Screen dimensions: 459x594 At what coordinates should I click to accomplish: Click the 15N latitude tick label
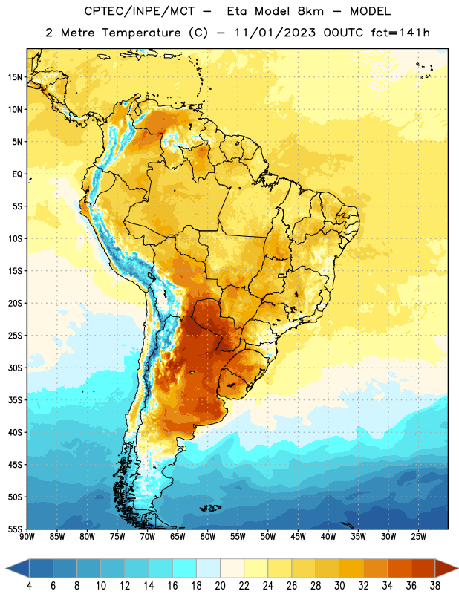click(15, 77)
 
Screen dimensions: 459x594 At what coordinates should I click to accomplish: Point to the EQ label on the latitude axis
click(17, 174)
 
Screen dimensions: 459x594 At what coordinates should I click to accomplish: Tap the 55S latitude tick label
click(15, 529)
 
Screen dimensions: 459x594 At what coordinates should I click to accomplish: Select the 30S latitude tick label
click(15, 368)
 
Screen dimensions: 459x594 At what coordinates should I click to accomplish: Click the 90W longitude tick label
click(27, 536)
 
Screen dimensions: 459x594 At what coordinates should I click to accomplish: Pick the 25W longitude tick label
click(418, 536)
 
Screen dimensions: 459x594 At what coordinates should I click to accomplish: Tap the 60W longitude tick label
click(208, 536)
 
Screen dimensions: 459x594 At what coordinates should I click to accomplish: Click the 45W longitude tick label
click(298, 536)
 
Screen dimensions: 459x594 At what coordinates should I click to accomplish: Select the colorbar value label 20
click(220, 586)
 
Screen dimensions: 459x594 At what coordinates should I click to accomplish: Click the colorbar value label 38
click(435, 586)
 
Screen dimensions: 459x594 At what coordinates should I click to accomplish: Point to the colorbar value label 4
click(29, 586)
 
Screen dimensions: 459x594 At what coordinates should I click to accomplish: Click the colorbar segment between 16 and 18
click(185, 568)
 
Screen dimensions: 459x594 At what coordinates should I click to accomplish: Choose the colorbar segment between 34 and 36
click(400, 568)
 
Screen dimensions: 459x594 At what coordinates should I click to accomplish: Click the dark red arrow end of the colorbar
click(446, 568)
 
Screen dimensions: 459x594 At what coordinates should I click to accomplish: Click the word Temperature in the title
click(141, 33)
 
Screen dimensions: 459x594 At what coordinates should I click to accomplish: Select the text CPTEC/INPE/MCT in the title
click(140, 11)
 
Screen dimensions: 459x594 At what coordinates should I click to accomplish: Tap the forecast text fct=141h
click(400, 33)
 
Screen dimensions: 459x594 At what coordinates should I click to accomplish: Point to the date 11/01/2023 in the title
click(275, 33)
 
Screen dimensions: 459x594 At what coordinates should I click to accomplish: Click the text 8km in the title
click(310, 11)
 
